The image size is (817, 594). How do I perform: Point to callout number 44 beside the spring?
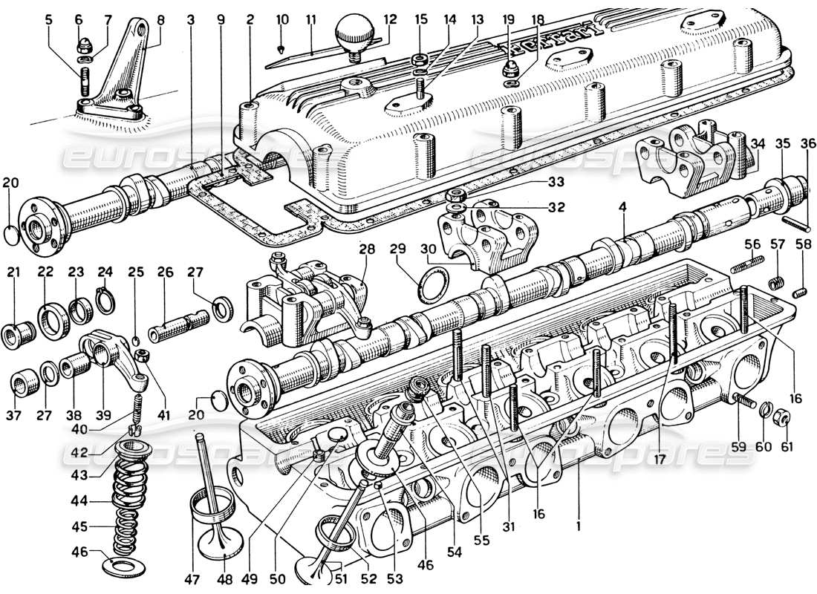point(78,501)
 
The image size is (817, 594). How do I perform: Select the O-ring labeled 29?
point(431,285)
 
